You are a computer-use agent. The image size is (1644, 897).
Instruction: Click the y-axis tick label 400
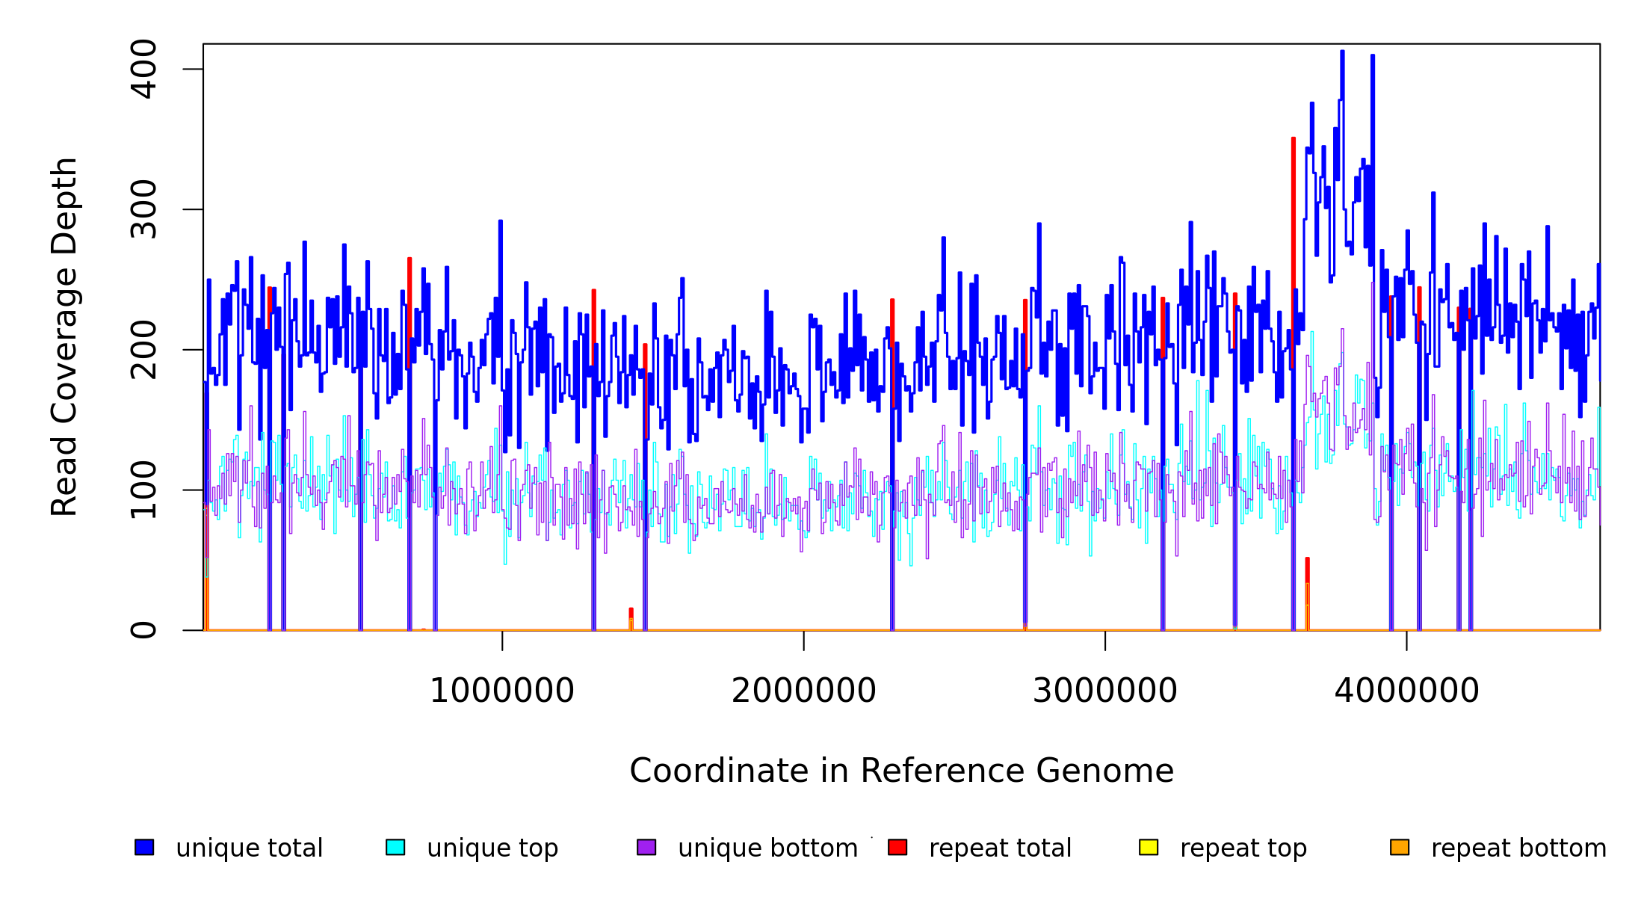pyautogui.click(x=143, y=70)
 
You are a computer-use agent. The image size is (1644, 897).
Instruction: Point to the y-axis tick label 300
pyautogui.click(x=143, y=209)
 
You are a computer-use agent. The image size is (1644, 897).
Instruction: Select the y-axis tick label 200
pyautogui.click(x=143, y=350)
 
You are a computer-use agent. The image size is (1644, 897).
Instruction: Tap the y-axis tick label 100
pyautogui.click(x=143, y=490)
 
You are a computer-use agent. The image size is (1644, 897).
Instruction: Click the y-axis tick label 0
pyautogui.click(x=143, y=630)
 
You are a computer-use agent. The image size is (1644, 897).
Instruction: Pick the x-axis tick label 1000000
pyautogui.click(x=502, y=691)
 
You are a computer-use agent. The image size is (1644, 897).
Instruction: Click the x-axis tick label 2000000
pyautogui.click(x=803, y=691)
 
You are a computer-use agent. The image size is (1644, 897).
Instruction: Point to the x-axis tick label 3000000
pyautogui.click(x=1104, y=691)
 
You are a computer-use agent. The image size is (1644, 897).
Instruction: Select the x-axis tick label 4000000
pyautogui.click(x=1406, y=691)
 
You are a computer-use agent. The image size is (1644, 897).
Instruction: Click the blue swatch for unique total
pyautogui.click(x=144, y=847)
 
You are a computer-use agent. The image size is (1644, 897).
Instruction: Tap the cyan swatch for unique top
pyautogui.click(x=395, y=847)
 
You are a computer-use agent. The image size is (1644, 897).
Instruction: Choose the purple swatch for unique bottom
pyautogui.click(x=646, y=847)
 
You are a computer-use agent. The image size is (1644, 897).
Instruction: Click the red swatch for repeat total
pyautogui.click(x=897, y=847)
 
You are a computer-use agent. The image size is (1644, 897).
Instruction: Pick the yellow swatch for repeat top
pyautogui.click(x=1149, y=847)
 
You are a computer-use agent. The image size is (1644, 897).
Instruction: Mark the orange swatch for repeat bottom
pyautogui.click(x=1400, y=847)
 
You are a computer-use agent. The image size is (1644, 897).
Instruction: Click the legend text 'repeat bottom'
pyautogui.click(x=1518, y=848)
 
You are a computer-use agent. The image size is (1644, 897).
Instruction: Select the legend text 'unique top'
pyautogui.click(x=492, y=848)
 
